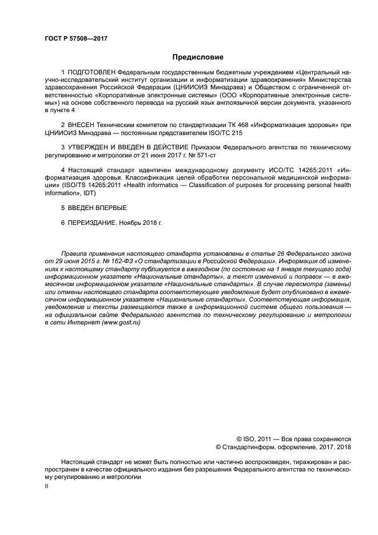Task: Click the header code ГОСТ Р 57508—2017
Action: coord(76,38)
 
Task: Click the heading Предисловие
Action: coord(197,57)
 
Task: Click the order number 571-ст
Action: coord(204,155)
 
